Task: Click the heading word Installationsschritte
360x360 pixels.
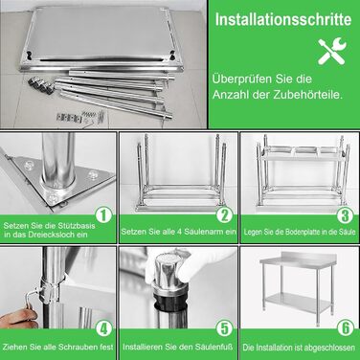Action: [x=283, y=19]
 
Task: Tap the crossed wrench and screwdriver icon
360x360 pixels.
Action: [x=332, y=51]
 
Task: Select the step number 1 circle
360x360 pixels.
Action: [x=103, y=214]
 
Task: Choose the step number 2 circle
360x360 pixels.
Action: [x=225, y=214]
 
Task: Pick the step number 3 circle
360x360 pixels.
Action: [x=346, y=214]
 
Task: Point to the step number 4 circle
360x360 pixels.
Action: [x=103, y=328]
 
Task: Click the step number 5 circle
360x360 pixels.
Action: [x=225, y=328]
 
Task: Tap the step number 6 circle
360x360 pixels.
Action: [x=346, y=328]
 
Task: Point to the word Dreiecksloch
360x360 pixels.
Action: [x=48, y=235]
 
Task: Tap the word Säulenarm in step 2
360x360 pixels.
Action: [x=208, y=232]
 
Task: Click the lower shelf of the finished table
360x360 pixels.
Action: [x=298, y=302]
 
